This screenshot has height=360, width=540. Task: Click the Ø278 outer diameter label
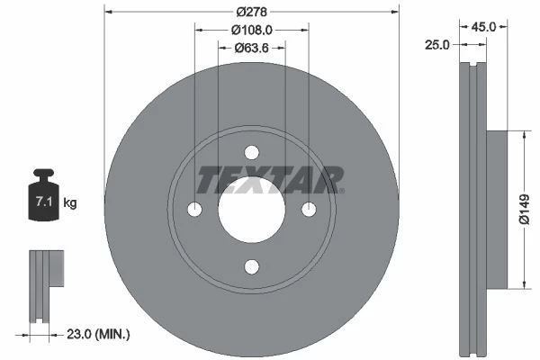(x=251, y=12)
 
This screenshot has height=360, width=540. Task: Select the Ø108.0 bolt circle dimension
(x=251, y=31)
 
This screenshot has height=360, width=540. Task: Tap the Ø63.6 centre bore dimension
(x=251, y=48)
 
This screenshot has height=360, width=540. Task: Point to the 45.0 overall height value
(x=483, y=26)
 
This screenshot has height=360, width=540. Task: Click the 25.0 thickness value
(x=437, y=45)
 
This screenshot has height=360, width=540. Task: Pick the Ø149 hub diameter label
(x=524, y=209)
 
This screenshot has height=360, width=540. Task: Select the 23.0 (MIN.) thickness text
(x=98, y=334)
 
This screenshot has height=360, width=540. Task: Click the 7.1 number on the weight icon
(x=44, y=202)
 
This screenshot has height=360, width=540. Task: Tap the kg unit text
(x=70, y=202)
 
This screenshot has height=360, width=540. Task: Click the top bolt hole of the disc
(x=252, y=153)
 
